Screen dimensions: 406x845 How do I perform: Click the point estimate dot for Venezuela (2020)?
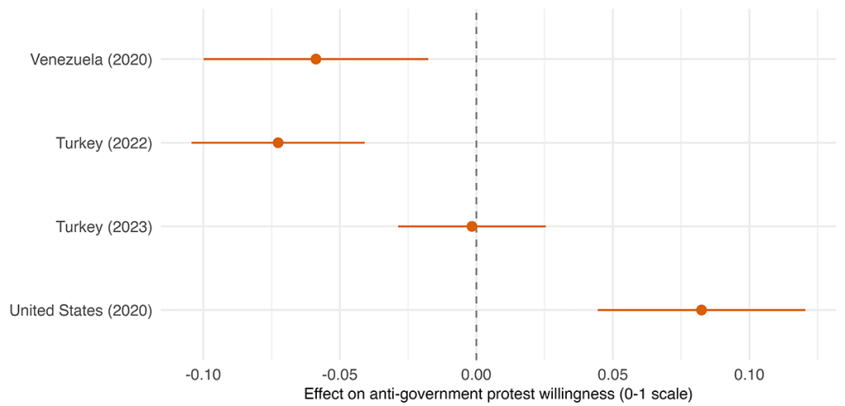(x=316, y=59)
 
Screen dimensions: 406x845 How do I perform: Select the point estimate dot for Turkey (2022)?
(x=278, y=143)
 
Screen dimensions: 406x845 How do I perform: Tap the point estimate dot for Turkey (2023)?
(x=472, y=226)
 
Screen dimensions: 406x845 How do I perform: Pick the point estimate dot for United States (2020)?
(x=701, y=310)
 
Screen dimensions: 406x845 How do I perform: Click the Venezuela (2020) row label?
(x=91, y=59)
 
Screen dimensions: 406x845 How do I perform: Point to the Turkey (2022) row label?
(x=104, y=143)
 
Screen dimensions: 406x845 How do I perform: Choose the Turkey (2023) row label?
(x=104, y=227)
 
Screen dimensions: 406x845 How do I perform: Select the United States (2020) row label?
(x=81, y=311)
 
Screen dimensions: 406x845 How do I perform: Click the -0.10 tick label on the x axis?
(x=203, y=373)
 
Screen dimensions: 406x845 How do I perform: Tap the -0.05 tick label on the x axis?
(x=339, y=373)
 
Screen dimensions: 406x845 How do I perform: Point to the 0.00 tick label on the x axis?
(x=476, y=373)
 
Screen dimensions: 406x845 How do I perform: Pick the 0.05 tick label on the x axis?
(x=612, y=373)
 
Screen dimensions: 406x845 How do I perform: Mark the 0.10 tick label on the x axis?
(x=749, y=373)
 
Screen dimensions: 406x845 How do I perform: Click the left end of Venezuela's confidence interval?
(x=204, y=59)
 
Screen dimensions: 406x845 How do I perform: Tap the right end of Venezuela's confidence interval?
(x=427, y=59)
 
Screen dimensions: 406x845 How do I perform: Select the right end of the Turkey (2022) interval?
(x=364, y=143)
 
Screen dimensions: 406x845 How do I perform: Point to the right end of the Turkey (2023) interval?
(x=545, y=226)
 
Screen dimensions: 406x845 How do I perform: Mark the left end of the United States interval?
(x=598, y=310)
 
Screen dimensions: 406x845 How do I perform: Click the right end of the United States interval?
(x=805, y=310)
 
